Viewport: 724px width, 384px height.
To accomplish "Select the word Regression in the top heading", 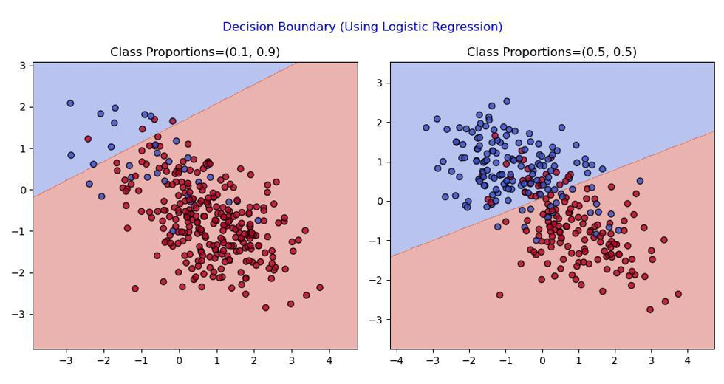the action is coord(467,27).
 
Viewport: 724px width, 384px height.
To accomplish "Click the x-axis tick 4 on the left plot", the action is coord(329,360).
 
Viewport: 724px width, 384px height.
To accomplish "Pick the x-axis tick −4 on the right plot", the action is coord(396,360).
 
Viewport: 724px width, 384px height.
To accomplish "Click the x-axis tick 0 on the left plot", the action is coord(179,360).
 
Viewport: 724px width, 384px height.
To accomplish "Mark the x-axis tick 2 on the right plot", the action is coord(615,360).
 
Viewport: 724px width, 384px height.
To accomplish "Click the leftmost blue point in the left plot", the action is coord(70,103).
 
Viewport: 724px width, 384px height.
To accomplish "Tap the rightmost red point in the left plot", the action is coord(319,287).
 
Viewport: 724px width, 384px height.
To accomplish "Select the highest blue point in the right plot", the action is coord(507,101).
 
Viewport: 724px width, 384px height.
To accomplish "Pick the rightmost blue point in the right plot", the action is coord(640,181).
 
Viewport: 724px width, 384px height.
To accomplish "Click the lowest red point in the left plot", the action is coord(265,307).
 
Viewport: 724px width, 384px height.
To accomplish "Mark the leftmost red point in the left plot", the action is coord(88,139).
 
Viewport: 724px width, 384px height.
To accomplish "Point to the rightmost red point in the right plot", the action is coord(678,294).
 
